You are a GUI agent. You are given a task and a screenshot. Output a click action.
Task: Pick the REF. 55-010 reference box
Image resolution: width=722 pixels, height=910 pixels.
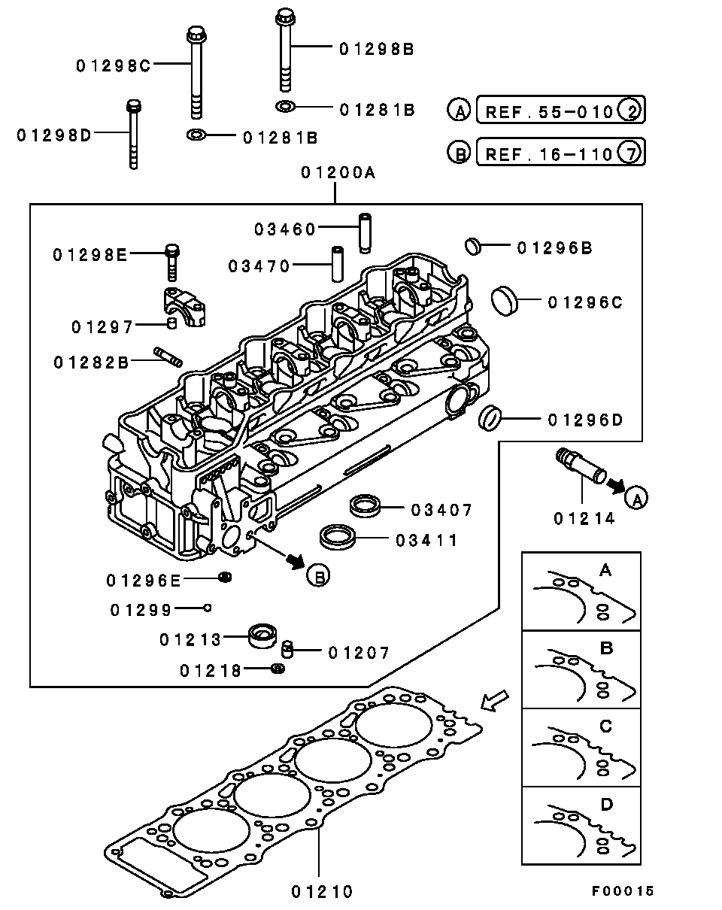click(560, 112)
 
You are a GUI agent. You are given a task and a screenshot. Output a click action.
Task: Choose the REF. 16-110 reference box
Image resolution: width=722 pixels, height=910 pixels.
click(560, 154)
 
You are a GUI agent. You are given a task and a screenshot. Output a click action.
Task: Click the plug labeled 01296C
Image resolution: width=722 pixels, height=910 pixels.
click(504, 300)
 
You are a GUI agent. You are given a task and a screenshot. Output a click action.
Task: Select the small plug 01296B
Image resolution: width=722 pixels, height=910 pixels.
click(472, 244)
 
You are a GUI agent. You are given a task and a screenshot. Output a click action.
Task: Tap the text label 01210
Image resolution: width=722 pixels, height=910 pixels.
click(322, 891)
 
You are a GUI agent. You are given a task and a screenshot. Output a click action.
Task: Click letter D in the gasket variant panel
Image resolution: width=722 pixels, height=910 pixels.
click(606, 805)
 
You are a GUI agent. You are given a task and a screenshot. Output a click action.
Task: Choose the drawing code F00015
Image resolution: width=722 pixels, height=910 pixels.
click(622, 891)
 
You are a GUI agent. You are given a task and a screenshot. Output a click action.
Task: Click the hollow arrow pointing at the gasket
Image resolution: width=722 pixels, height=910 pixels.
click(494, 700)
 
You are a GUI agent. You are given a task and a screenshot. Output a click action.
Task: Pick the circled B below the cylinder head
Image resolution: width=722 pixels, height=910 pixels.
click(318, 577)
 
